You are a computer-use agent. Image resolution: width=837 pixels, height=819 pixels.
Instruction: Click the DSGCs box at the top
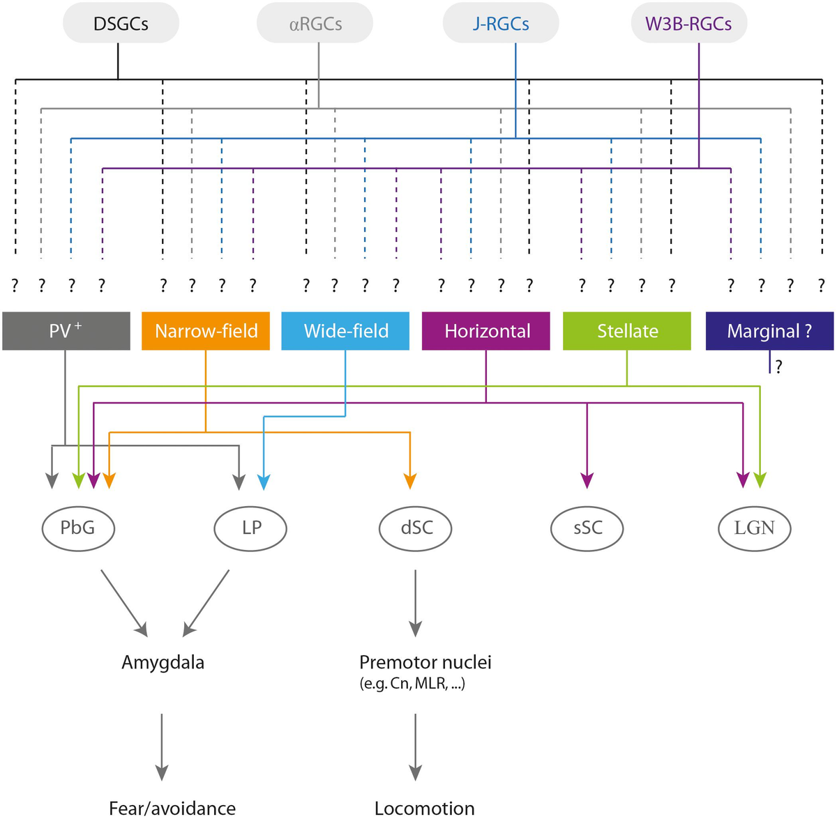(121, 24)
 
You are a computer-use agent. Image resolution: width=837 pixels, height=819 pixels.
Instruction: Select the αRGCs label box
(315, 24)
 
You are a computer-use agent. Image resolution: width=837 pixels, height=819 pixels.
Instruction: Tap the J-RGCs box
(501, 24)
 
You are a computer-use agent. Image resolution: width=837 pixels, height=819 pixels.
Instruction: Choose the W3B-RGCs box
(688, 24)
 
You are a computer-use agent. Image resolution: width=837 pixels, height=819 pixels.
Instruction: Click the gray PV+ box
(66, 331)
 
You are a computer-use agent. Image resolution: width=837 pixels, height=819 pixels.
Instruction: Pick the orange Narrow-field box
(206, 331)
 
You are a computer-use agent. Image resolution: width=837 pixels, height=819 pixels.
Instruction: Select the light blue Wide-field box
(346, 331)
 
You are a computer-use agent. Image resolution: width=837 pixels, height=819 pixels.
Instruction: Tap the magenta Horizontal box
(487, 331)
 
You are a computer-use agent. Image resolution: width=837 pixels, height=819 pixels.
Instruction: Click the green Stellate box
(627, 331)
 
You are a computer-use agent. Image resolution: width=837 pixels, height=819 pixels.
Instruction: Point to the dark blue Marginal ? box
(769, 331)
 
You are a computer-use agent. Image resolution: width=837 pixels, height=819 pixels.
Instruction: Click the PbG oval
(77, 528)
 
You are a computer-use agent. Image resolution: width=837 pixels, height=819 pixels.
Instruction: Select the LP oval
(250, 528)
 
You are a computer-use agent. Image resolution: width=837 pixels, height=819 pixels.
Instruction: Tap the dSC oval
(416, 528)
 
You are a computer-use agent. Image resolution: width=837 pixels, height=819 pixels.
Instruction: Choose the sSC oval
(587, 528)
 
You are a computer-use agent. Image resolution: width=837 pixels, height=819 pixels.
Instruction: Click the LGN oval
(754, 528)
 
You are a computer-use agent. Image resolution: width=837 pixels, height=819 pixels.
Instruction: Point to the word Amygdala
(163, 662)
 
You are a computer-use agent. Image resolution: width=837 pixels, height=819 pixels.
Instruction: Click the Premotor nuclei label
(425, 662)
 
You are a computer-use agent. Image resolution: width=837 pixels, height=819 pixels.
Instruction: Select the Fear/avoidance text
(172, 808)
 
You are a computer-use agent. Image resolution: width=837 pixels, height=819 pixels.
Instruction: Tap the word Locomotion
(424, 808)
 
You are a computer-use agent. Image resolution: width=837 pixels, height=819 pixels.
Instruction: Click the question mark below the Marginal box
(779, 367)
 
